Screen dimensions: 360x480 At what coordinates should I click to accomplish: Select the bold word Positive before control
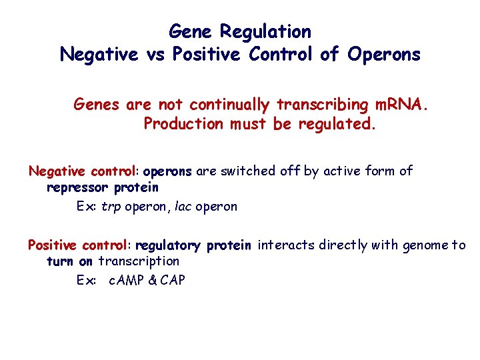pyautogui.click(x=53, y=245)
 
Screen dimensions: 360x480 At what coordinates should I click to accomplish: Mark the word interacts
pyautogui.click(x=285, y=245)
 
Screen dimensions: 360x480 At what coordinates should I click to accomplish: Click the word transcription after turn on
pyautogui.click(x=139, y=261)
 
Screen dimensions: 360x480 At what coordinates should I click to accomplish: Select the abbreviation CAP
pyautogui.click(x=173, y=281)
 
